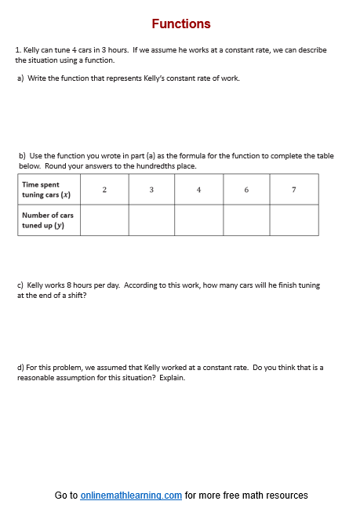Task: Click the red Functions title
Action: (181, 24)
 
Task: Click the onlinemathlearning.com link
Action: (131, 496)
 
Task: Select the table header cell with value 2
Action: (104, 190)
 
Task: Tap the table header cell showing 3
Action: (151, 190)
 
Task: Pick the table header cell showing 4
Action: (199, 190)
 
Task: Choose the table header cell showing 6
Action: (246, 190)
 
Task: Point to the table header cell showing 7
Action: (294, 190)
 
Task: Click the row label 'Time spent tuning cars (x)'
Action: (46, 190)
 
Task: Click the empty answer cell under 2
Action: (104, 220)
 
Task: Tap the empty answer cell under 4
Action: (199, 220)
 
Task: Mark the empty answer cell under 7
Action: (294, 220)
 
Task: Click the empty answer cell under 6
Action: (246, 220)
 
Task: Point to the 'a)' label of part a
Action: (20, 78)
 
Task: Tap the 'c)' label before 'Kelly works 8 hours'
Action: (20, 286)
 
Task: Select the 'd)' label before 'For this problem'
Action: (20, 367)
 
